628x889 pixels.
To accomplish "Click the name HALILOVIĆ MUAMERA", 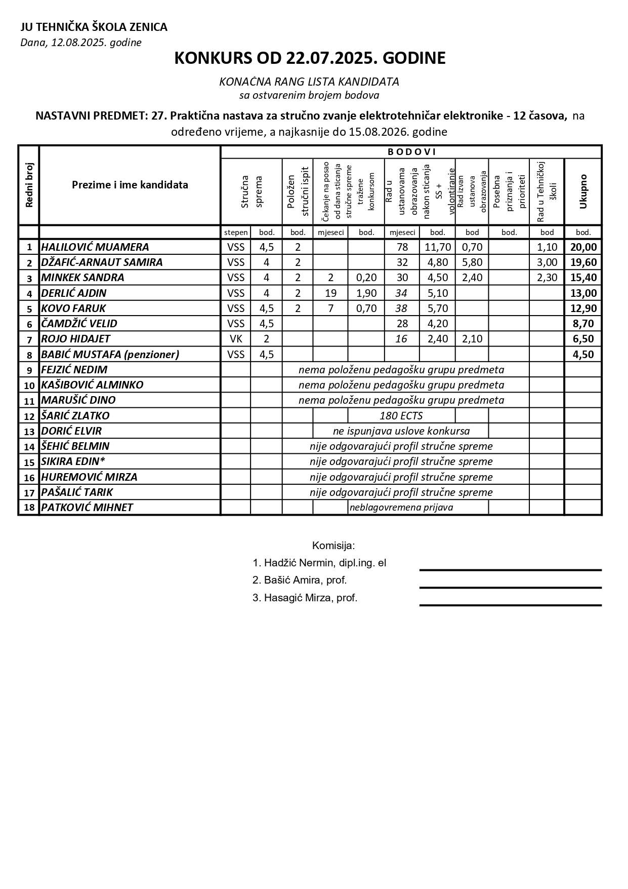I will coord(95,247).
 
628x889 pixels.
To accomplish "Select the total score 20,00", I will coord(583,247).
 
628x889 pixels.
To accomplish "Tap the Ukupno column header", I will coord(583,191).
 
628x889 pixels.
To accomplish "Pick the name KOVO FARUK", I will coord(73,308).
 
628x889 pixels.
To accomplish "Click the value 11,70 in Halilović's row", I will coord(438,247).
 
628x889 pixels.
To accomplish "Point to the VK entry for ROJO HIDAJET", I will coord(236,339).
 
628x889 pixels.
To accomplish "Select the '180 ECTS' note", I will coord(401,416).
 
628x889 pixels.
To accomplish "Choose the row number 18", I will coord(29,508).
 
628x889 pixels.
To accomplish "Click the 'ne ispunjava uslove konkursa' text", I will coord(401,431).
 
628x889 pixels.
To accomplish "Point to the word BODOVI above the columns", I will coord(411,152).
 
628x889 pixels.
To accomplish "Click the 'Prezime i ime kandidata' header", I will coord(130,185).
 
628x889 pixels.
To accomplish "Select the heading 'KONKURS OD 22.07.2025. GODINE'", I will coord(310,58).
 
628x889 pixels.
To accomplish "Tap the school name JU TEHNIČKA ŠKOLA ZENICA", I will coord(94,27).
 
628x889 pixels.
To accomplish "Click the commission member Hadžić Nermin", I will coord(319,563).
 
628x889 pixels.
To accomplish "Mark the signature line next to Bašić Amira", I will coord(510,588).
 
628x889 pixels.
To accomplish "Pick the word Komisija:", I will coord(333,546).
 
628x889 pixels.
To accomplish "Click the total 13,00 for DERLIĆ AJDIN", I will coord(583,293).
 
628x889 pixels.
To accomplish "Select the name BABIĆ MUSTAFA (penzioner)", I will coord(110,355).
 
